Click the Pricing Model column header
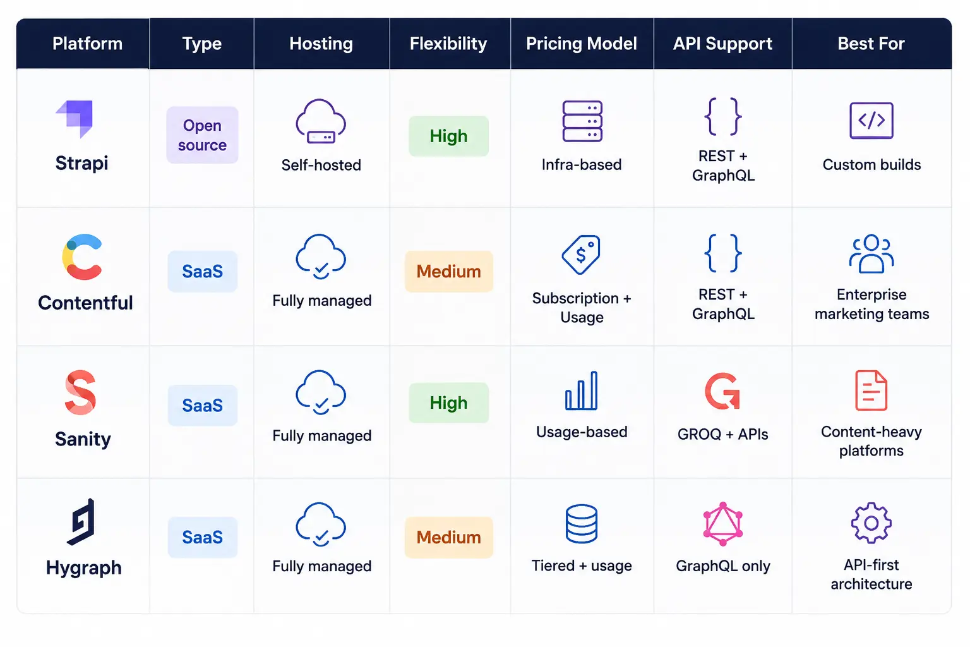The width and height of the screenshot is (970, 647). pyautogui.click(x=581, y=44)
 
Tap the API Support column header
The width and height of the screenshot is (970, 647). pyautogui.click(x=722, y=44)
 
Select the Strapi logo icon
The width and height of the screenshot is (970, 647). pyautogui.click(x=75, y=119)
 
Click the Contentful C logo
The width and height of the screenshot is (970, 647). pyautogui.click(x=82, y=257)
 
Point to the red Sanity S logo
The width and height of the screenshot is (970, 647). pyautogui.click(x=80, y=392)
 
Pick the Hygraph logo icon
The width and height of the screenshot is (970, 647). pyautogui.click(x=81, y=521)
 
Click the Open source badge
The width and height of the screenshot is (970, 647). pyautogui.click(x=202, y=135)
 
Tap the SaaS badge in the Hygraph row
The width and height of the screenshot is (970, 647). pyautogui.click(x=202, y=537)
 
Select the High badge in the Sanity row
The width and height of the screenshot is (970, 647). pyautogui.click(x=448, y=402)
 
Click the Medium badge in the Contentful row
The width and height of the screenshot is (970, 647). pyautogui.click(x=448, y=271)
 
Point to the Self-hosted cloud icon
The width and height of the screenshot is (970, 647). pyautogui.click(x=321, y=121)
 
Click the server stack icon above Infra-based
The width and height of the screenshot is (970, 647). pyautogui.click(x=582, y=121)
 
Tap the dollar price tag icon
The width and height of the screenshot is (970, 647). pyautogui.click(x=581, y=255)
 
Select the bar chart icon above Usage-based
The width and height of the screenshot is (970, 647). pyautogui.click(x=581, y=390)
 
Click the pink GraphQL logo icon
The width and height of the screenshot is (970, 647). pyautogui.click(x=722, y=524)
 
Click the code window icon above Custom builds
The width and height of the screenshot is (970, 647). pyautogui.click(x=871, y=121)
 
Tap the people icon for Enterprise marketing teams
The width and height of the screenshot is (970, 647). pyautogui.click(x=871, y=254)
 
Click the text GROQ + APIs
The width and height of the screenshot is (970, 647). pyautogui.click(x=722, y=434)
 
